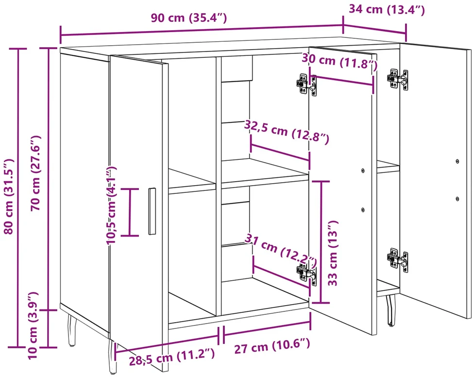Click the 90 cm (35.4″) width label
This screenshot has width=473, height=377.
coord(189,18)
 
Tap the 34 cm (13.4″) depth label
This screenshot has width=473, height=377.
coord(387,9)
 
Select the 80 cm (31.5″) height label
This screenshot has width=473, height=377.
coord(9,196)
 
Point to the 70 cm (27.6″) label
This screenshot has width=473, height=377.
coord(35,173)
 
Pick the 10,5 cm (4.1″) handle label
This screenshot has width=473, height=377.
coord(111,205)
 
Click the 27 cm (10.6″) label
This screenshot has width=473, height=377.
coord(272,345)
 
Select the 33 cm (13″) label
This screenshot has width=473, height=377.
coord(333,253)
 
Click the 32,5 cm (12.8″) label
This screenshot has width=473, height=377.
coord(287,132)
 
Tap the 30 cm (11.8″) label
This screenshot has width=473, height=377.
coord(339,62)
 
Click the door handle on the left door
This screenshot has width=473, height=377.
coord(152,211)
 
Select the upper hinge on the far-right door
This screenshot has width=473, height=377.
coord(398,79)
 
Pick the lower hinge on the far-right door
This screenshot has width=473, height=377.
coord(398,259)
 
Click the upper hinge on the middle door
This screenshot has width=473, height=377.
coord(306,85)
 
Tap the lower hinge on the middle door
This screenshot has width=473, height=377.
coord(306,274)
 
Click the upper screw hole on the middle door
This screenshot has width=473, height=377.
coord(363,171)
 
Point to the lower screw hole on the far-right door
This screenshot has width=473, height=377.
coord(457,199)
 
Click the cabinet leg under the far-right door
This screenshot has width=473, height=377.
coord(391,310)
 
